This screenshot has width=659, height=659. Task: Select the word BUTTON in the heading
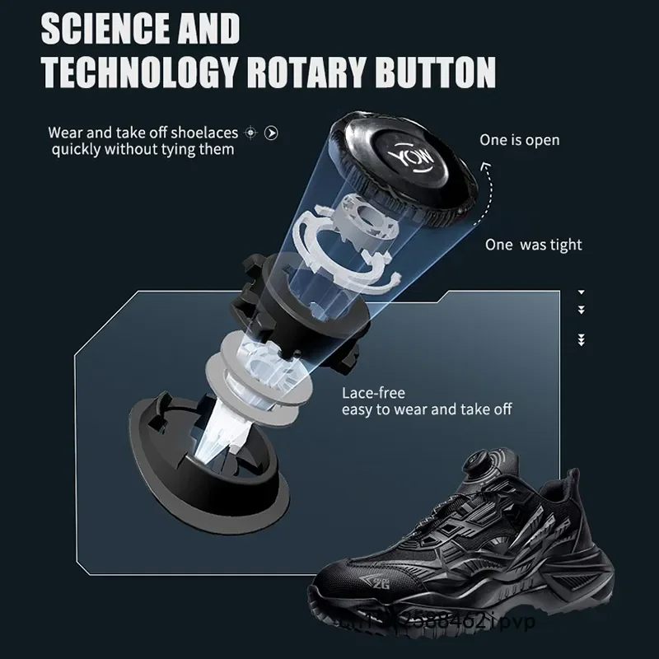[435, 72]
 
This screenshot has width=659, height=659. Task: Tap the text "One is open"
[519, 140]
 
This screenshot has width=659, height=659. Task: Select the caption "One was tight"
[533, 245]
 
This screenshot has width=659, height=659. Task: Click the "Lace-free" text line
[373, 393]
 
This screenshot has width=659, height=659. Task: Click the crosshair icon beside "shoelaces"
[252, 133]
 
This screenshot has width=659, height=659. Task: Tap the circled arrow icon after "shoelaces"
[271, 133]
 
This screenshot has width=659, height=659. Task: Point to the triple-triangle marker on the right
[582, 339]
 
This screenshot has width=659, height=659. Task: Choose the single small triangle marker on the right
[582, 292]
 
